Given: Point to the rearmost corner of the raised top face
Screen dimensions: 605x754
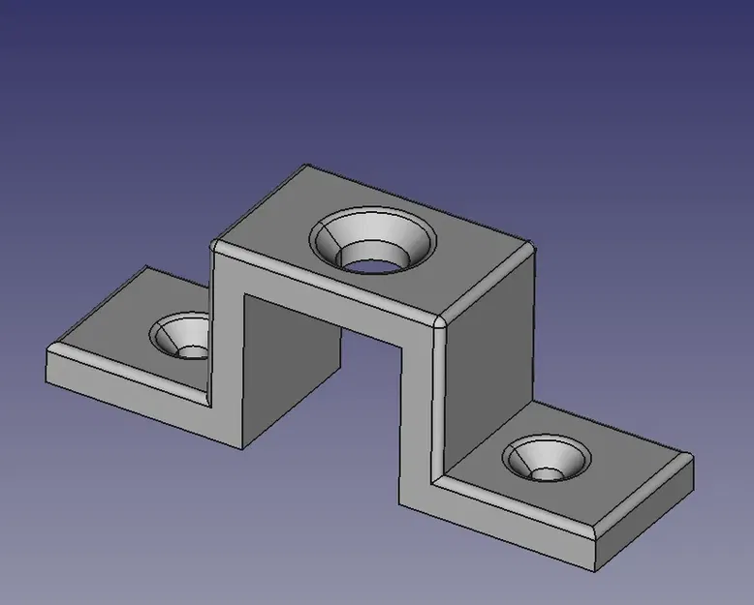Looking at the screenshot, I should point(308,166).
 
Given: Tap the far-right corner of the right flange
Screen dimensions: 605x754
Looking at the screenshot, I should point(692,458).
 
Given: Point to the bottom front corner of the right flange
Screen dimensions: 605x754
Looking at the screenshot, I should point(595,569).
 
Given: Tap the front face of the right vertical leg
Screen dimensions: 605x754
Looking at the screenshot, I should point(419,416).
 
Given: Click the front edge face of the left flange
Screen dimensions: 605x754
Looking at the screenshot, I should point(126,382).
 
